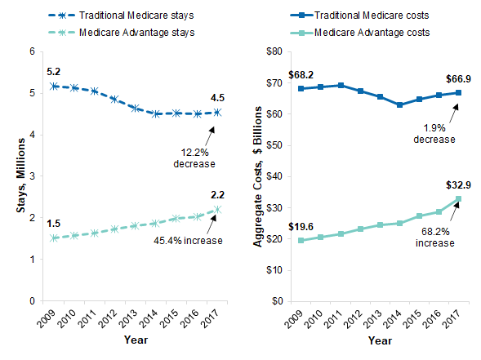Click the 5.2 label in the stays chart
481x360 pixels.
pyautogui.click(x=53, y=71)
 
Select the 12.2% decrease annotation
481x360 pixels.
pyautogui.click(x=193, y=157)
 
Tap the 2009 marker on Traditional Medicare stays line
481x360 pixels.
pyautogui.click(x=54, y=86)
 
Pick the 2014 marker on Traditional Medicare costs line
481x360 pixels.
pyautogui.click(x=399, y=104)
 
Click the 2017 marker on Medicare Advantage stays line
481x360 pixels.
pyautogui.click(x=217, y=210)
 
